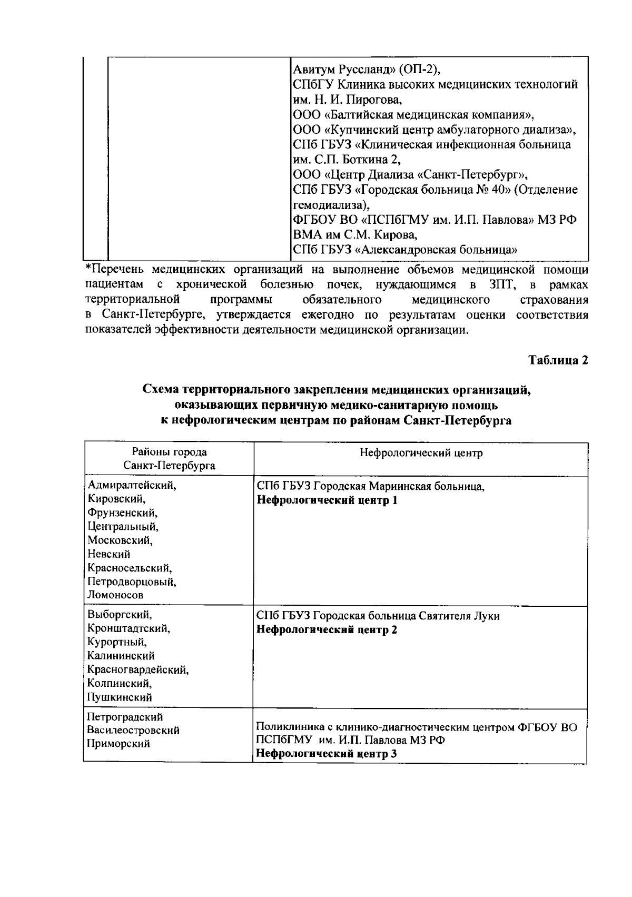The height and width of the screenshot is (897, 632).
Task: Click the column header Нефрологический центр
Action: pyautogui.click(x=421, y=453)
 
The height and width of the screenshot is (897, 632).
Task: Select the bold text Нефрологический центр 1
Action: pyautogui.click(x=327, y=500)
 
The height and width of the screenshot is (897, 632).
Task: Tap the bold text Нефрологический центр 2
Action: pyautogui.click(x=327, y=629)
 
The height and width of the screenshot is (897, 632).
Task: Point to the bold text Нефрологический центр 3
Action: pyautogui.click(x=327, y=754)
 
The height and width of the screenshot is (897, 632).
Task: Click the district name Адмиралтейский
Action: pyautogui.click(x=132, y=486)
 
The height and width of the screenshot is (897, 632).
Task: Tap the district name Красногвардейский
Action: pyautogui.click(x=138, y=670)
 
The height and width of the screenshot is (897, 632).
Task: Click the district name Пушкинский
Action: pyautogui.click(x=120, y=697)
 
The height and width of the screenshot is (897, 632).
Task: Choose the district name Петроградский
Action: pyautogui.click(x=125, y=717)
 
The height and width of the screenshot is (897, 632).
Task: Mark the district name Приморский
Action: pyautogui.click(x=118, y=744)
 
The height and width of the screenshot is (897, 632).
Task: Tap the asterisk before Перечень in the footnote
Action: pyautogui.click(x=88, y=269)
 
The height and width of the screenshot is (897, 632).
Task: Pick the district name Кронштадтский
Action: pyautogui.click(x=129, y=628)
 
